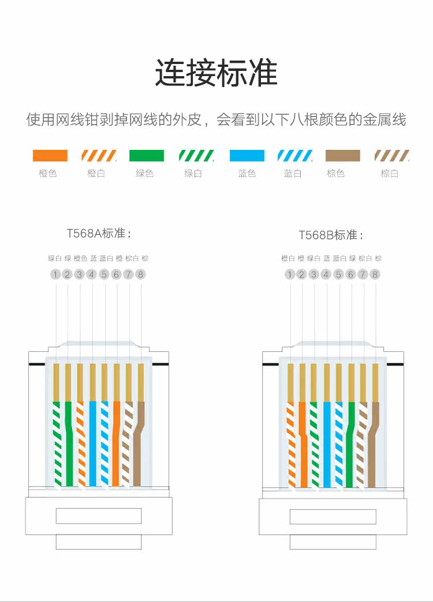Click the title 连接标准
(x=216, y=73)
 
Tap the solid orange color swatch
(x=50, y=156)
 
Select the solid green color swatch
(x=147, y=156)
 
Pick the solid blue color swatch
(x=247, y=156)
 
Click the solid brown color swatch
(x=343, y=156)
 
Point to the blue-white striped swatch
(x=295, y=156)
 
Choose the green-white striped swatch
(x=196, y=156)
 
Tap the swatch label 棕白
(x=390, y=173)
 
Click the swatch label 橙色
(x=48, y=173)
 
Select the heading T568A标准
(x=99, y=234)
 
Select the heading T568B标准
(x=331, y=235)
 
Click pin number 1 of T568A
(x=55, y=274)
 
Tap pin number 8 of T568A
(x=141, y=274)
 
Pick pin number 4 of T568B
(x=326, y=274)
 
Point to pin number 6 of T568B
(x=350, y=274)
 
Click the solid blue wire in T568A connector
(x=92, y=444)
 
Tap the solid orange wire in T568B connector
(x=303, y=444)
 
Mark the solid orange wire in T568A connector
(x=117, y=444)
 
